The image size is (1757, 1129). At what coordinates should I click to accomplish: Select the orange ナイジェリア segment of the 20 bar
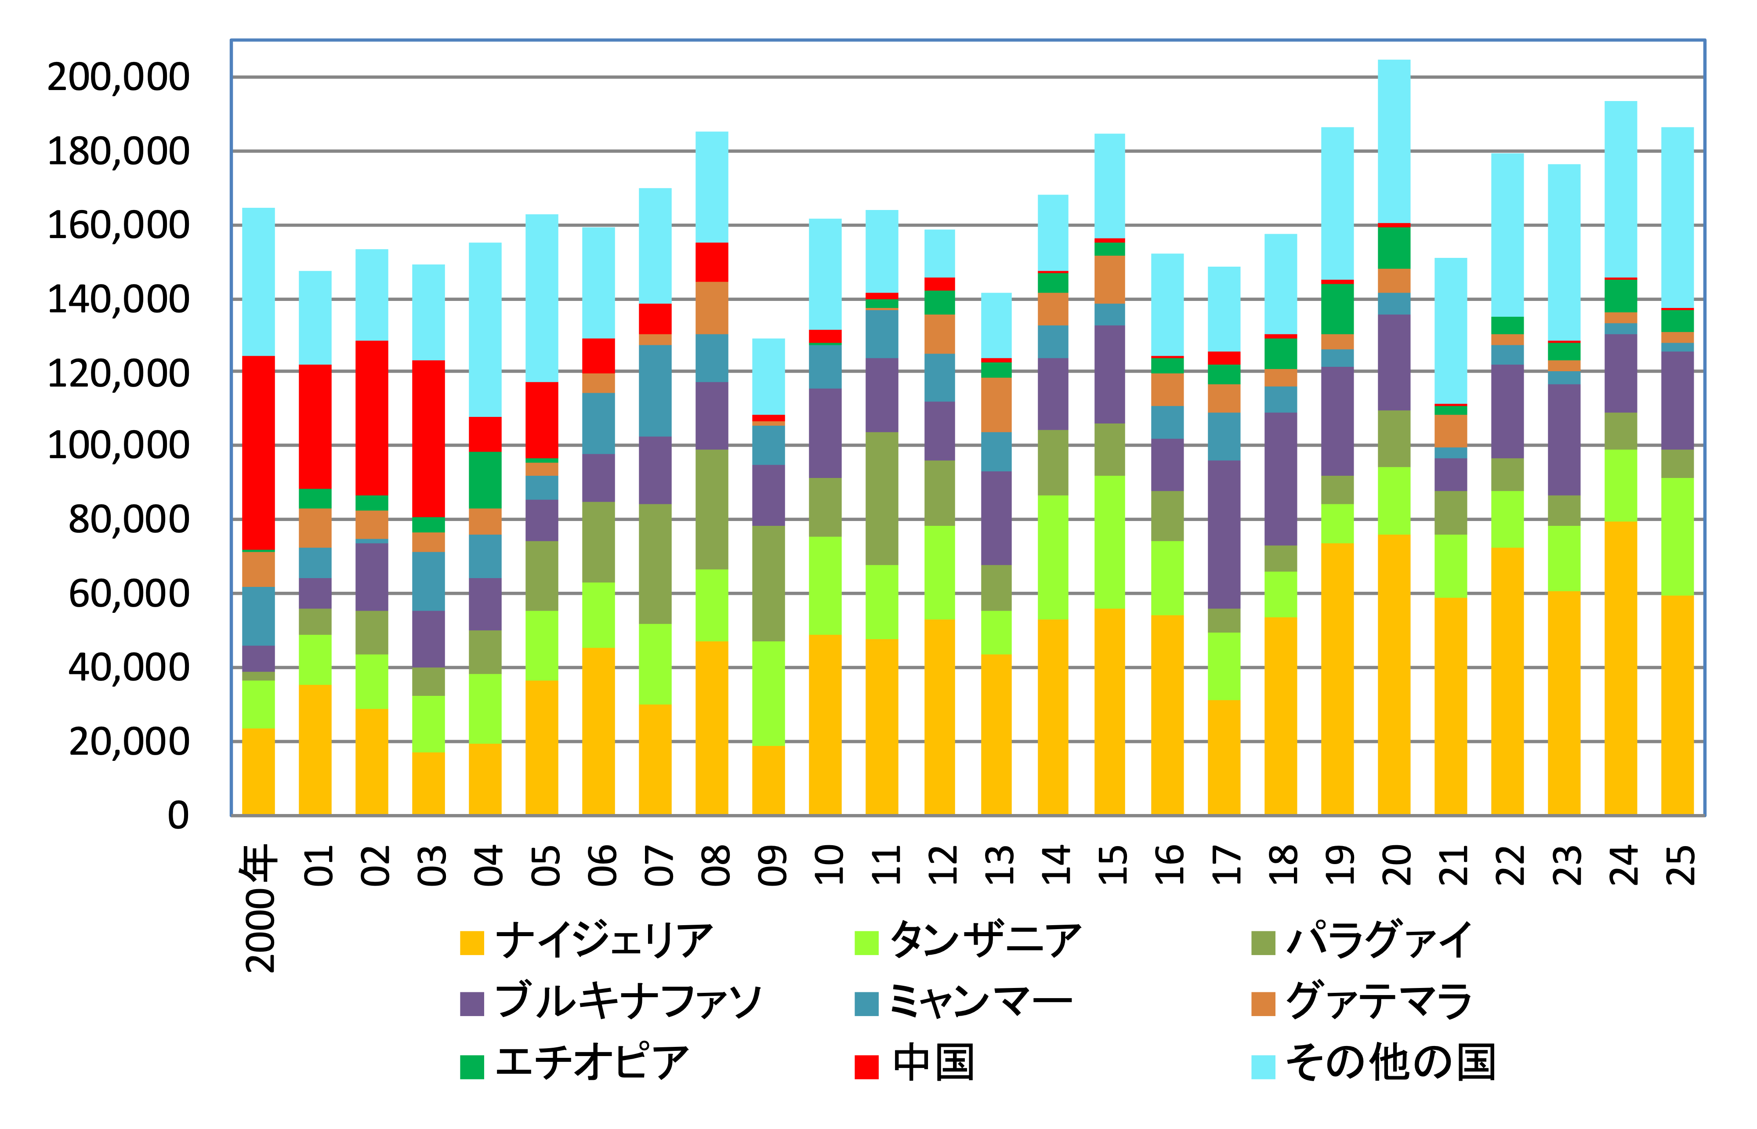tap(1394, 674)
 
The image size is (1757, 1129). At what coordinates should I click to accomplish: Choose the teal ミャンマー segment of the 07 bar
tap(655, 391)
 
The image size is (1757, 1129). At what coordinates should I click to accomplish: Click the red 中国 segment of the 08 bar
tap(712, 262)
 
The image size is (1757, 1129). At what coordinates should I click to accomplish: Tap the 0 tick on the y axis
tap(178, 815)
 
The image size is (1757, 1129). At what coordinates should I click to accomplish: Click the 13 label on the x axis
tap(998, 865)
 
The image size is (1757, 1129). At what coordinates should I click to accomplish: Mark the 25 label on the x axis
tap(1678, 865)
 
